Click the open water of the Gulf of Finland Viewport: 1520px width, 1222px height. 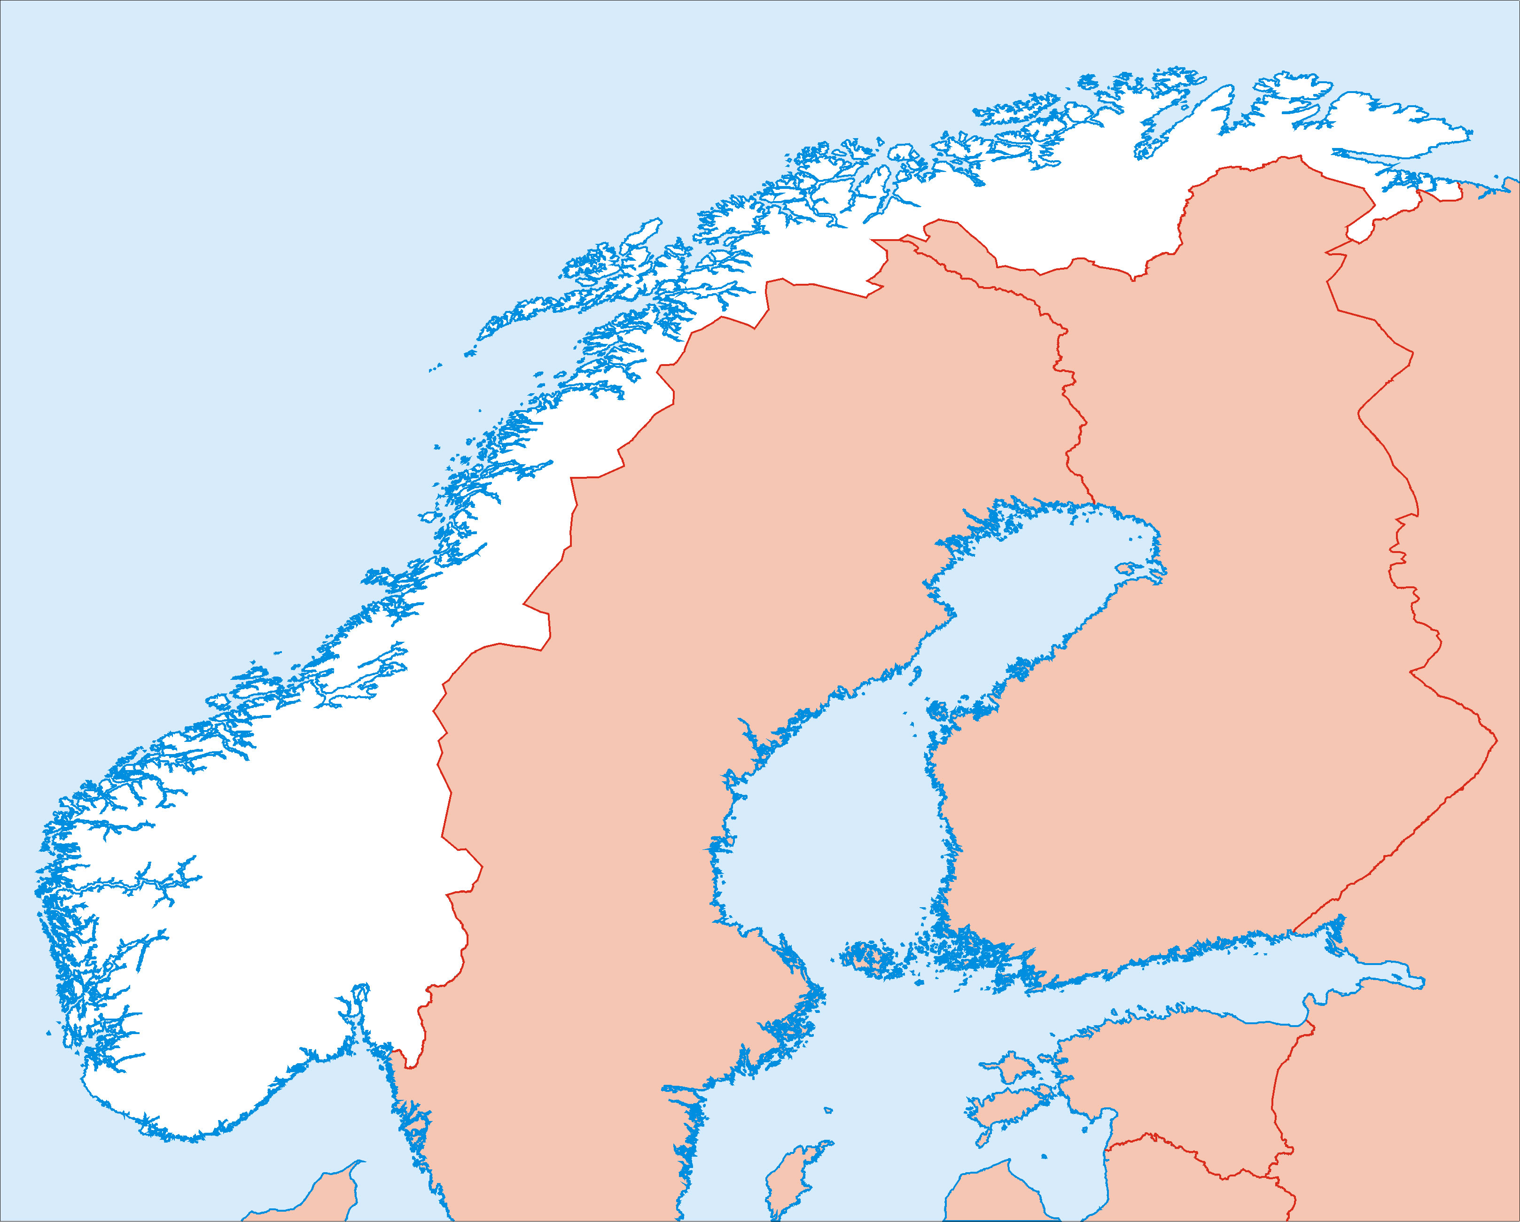click(x=1163, y=1001)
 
